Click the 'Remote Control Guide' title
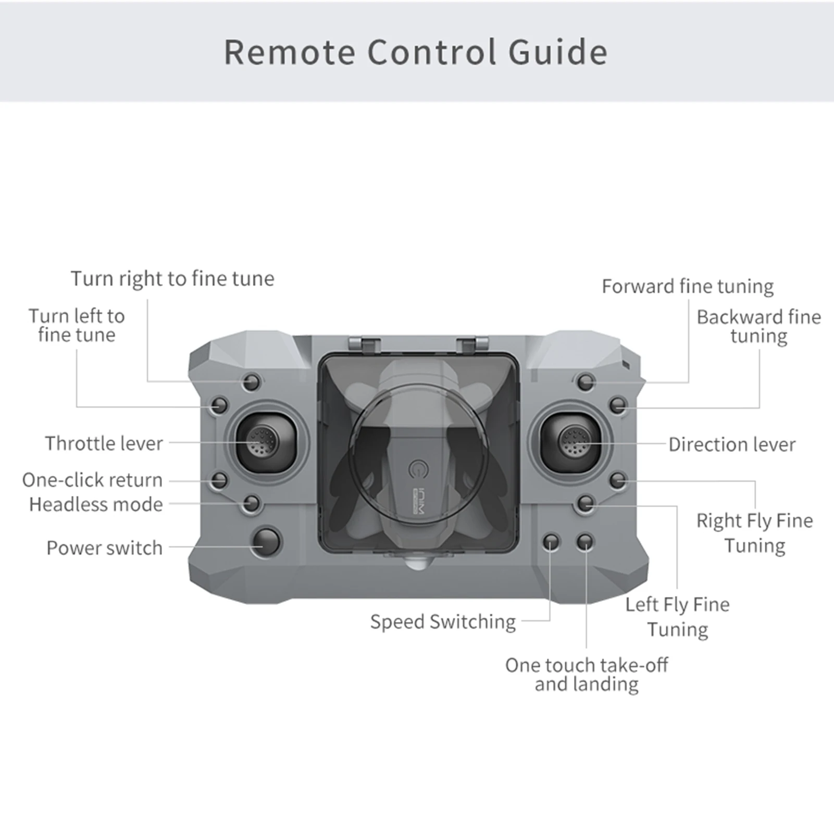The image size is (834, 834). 416,52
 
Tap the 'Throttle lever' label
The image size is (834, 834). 104,443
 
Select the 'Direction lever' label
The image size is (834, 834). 732,444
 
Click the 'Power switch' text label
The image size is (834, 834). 104,547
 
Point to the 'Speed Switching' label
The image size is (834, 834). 443,621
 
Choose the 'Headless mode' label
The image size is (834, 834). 96,504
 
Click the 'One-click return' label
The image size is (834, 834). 92,480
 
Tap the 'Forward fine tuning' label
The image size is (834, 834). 688,286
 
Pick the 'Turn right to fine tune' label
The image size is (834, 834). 172,278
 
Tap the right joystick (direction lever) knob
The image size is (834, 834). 574,442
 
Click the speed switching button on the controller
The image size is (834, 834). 551,542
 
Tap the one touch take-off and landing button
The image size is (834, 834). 586,542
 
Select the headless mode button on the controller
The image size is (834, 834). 252,503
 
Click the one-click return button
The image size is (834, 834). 219,480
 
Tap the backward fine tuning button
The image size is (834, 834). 618,405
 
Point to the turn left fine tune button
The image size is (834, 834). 219,405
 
